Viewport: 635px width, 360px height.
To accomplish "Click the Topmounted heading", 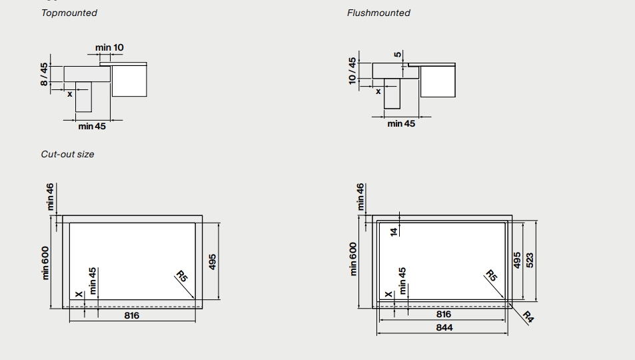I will [69, 13].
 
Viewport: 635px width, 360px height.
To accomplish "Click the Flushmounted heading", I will [378, 13].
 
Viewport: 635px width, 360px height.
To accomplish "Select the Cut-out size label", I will [67, 154].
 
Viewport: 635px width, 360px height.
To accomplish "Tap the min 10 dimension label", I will [109, 47].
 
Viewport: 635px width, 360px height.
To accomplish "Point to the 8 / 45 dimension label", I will [44, 74].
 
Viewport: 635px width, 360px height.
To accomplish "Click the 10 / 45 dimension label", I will [352, 71].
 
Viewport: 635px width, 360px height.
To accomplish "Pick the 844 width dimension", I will [444, 327].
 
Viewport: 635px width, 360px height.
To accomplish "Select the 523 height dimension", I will [530, 260].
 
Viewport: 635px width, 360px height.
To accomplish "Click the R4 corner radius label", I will [528, 317].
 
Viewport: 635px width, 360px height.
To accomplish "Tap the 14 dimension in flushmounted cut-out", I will [393, 231].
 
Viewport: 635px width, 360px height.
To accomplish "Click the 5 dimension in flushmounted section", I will [398, 55].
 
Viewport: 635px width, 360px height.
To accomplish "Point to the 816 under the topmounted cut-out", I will [132, 315].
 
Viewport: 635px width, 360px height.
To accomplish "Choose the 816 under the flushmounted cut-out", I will [443, 314].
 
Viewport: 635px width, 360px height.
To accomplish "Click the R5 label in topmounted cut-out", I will [182, 277].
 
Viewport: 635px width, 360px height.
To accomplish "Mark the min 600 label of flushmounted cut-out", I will [353, 258].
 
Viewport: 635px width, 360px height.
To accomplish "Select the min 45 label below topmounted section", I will [92, 126].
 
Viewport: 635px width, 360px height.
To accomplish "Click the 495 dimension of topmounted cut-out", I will [213, 261].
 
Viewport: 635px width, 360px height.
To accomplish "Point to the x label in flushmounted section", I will [378, 91].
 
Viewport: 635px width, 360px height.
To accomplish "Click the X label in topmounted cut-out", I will [79, 293].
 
